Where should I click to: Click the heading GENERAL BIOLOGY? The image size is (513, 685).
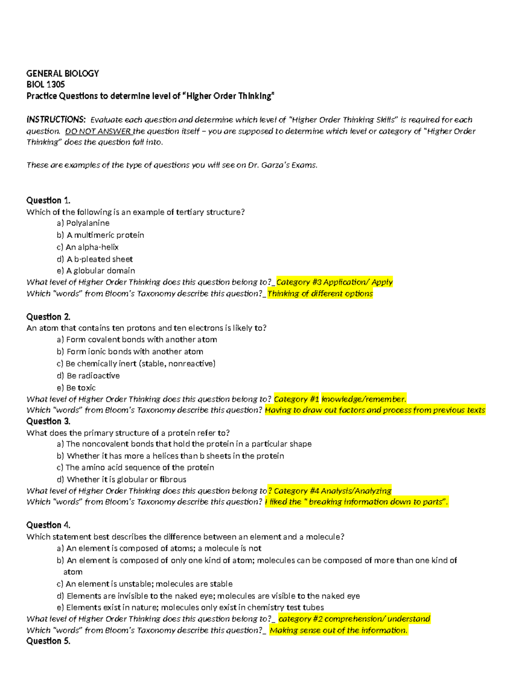click(62, 74)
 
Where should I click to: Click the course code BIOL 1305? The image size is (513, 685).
click(45, 85)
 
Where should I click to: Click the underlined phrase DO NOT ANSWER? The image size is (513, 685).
click(98, 131)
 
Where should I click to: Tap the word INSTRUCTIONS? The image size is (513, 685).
click(56, 119)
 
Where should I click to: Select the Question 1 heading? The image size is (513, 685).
click(48, 201)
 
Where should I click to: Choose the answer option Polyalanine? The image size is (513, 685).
click(83, 223)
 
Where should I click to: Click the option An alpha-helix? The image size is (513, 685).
click(88, 247)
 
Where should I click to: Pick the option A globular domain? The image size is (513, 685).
click(96, 271)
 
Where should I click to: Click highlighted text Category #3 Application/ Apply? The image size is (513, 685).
click(334, 282)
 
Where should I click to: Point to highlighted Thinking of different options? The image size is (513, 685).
click(320, 294)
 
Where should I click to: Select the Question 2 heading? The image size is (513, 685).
click(48, 317)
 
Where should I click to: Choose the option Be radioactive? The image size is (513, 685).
click(88, 376)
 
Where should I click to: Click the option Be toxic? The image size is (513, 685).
click(77, 388)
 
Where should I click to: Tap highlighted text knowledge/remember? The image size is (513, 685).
click(363, 399)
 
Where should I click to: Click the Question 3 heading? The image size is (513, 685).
click(48, 422)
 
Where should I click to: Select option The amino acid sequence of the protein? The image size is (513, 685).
click(136, 468)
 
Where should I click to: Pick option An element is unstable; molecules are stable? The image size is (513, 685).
click(145, 584)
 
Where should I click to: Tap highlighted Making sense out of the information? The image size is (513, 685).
click(339, 631)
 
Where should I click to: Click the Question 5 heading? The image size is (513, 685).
click(48, 641)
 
